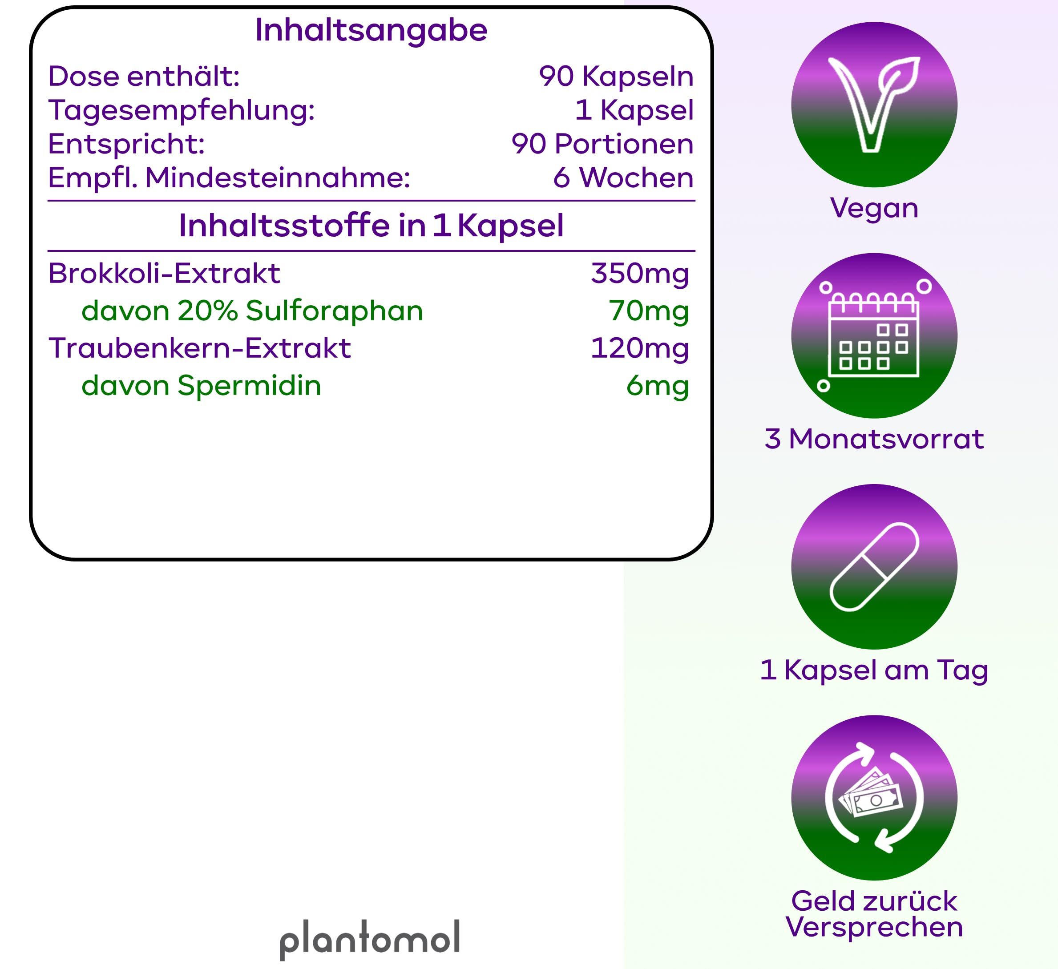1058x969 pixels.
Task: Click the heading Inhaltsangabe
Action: [x=371, y=30]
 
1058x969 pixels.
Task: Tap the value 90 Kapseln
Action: [x=616, y=77]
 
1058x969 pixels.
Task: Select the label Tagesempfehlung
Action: [x=182, y=110]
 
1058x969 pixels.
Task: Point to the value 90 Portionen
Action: [x=602, y=144]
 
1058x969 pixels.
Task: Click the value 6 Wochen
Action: [x=623, y=178]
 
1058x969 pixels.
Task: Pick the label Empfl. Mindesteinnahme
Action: [x=229, y=178]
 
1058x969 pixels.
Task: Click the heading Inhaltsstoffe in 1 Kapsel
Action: [x=371, y=226]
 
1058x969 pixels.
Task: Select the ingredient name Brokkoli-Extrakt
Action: [x=164, y=274]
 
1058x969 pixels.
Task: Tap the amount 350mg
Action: [x=640, y=274]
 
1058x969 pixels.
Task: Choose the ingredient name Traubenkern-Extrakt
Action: [x=199, y=348]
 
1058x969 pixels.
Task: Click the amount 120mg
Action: [x=640, y=348]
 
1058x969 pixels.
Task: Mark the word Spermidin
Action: [x=249, y=386]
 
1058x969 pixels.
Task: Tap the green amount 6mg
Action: [x=657, y=386]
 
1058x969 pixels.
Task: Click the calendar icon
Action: [x=874, y=336]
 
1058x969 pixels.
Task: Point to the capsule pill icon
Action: [x=874, y=567]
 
